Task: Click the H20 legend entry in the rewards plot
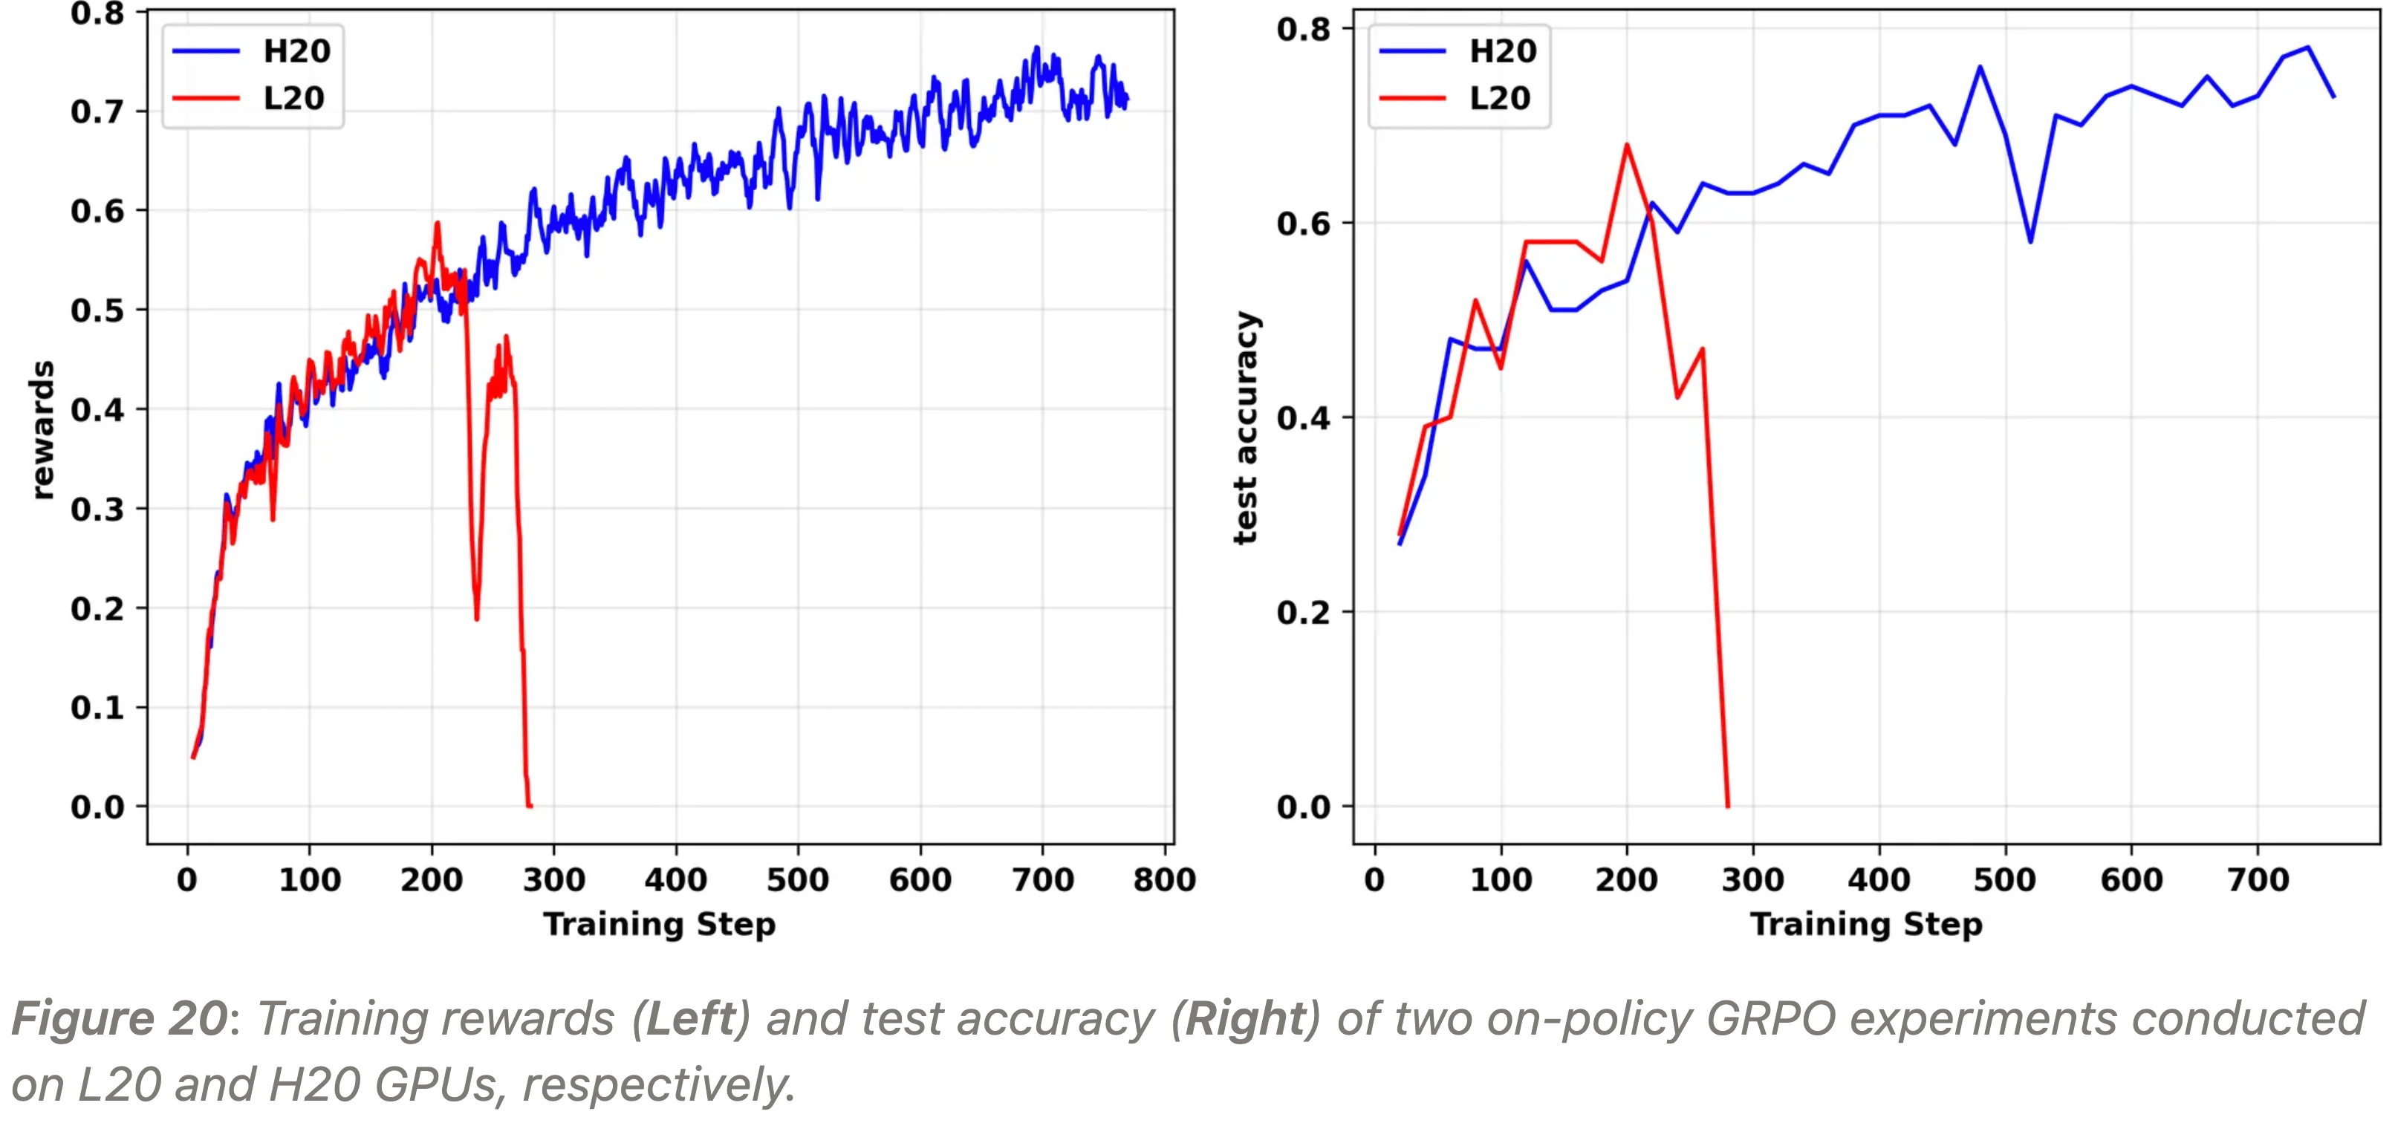[296, 51]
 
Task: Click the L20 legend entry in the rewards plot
[293, 99]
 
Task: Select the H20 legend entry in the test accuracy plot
[1501, 51]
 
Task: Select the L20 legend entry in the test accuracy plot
[1499, 99]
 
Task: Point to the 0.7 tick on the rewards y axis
[97, 111]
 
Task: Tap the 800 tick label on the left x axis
[1164, 879]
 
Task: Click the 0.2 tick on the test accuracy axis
[1302, 612]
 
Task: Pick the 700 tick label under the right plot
[2258, 879]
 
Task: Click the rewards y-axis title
[42, 429]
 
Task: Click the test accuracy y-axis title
[1246, 428]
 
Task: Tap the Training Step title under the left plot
[659, 924]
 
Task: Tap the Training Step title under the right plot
[1866, 924]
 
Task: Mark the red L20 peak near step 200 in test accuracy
[1627, 145]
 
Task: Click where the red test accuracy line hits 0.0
[1727, 805]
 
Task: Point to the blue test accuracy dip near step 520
[2030, 241]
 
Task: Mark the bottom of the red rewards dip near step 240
[477, 617]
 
